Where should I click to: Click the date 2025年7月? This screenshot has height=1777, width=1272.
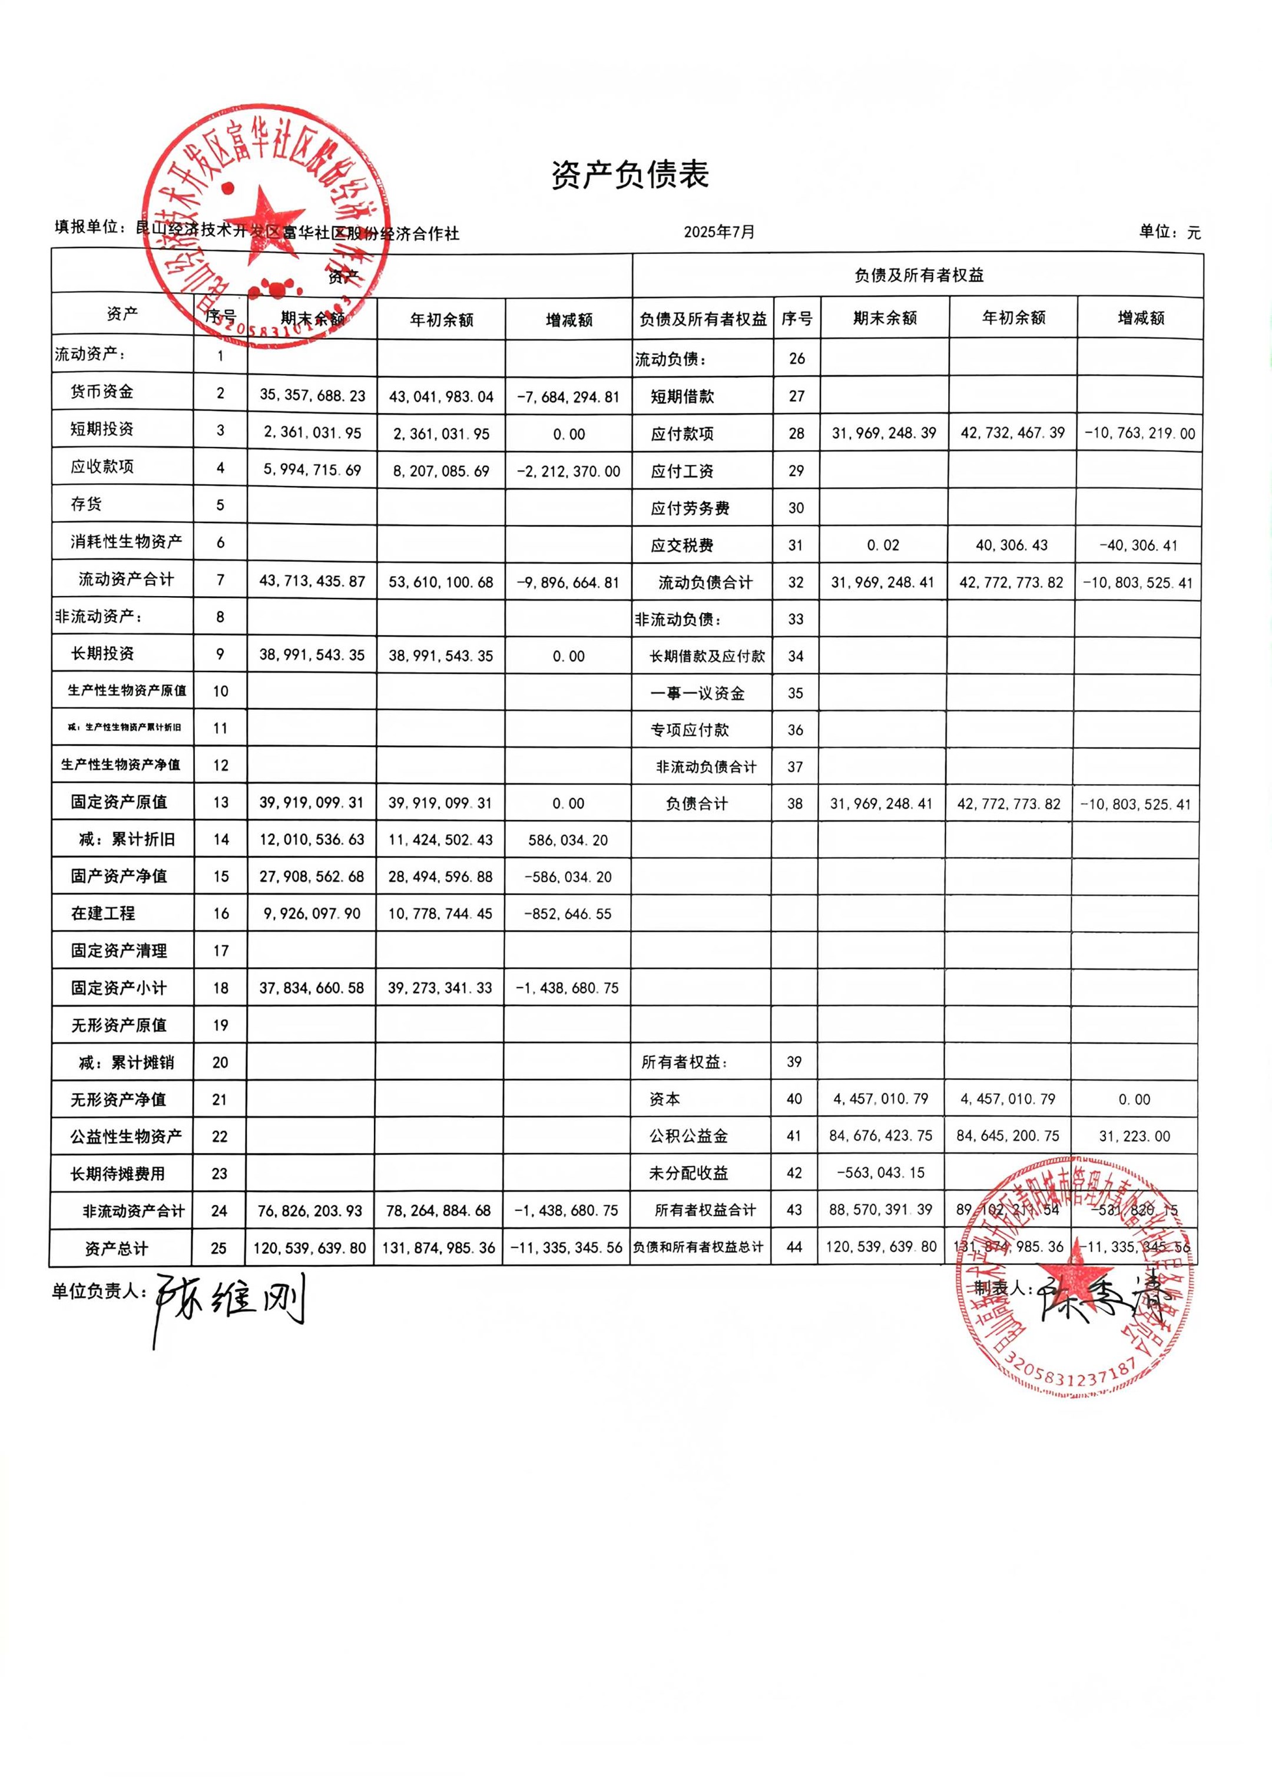coord(719,232)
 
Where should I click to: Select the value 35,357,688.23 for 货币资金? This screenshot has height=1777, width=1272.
coord(313,395)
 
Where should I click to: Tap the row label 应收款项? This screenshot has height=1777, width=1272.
coord(102,466)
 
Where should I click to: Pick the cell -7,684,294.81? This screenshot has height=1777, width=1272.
coord(568,397)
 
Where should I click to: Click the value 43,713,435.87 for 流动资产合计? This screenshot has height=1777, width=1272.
coord(313,581)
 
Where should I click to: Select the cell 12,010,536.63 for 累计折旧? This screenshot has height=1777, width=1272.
coord(312,839)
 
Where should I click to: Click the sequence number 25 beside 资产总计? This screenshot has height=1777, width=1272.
coord(218,1248)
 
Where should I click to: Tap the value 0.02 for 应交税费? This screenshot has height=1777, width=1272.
coord(883,545)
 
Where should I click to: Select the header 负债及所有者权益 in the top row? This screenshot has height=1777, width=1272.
coord(918,276)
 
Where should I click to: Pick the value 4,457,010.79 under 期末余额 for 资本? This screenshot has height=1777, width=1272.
coord(880,1099)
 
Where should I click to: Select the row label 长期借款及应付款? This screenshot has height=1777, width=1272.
coord(707,656)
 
